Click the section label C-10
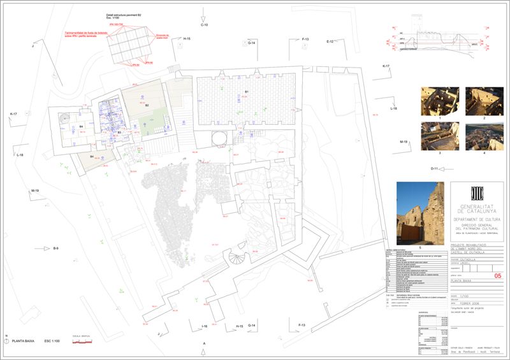[205, 25]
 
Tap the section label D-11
[435, 169]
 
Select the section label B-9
[56, 248]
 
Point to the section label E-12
[330, 41]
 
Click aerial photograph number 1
[440, 101]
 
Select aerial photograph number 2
[484, 101]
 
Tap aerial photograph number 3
[440, 136]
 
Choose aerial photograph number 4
[484, 136]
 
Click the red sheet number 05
[498, 275]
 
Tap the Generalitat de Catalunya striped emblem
[476, 192]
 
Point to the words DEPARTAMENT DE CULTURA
[477, 218]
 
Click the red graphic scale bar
[84, 342]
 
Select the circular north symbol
[6, 342]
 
